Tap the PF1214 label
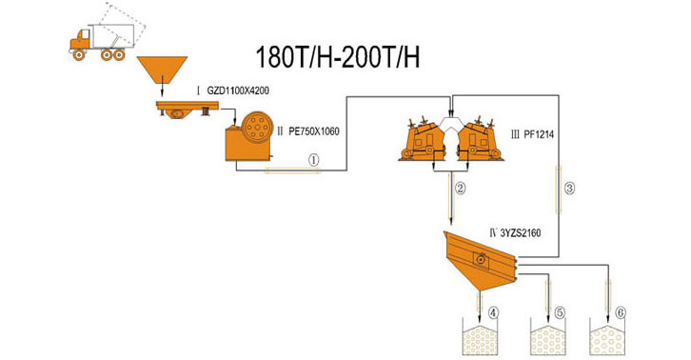(x=541, y=134)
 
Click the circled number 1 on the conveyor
(x=313, y=161)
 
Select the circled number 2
(x=460, y=188)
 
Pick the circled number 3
(x=569, y=188)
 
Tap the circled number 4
(x=493, y=312)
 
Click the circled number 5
(x=560, y=312)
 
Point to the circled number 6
(x=621, y=312)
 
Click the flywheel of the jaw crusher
(x=255, y=126)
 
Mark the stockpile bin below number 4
(x=475, y=340)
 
